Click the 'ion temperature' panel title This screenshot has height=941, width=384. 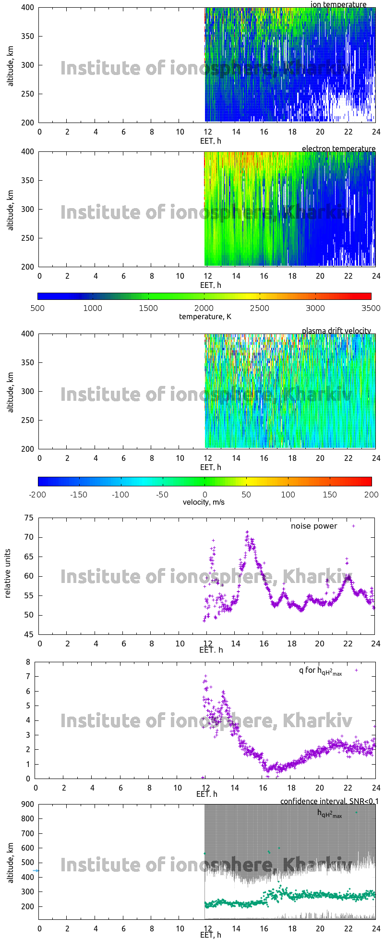coord(338,4)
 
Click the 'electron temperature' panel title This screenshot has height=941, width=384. coord(338,149)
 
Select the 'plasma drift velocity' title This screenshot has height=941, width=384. coord(336,331)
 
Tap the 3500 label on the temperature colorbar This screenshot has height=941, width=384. coord(371,308)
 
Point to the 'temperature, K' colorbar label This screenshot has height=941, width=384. coord(205,316)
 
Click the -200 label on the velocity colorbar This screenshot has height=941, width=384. coord(37,495)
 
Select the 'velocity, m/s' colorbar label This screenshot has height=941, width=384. coord(204,502)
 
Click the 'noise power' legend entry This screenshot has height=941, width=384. coord(314,526)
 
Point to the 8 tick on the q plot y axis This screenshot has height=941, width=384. coord(28,662)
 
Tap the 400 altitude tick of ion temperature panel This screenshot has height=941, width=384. coord(28,7)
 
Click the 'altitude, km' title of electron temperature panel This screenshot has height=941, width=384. coord(10,210)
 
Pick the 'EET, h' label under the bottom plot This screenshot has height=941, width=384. coord(211,935)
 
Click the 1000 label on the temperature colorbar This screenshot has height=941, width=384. coord(93,308)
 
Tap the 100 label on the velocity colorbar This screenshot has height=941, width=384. coord(288,495)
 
